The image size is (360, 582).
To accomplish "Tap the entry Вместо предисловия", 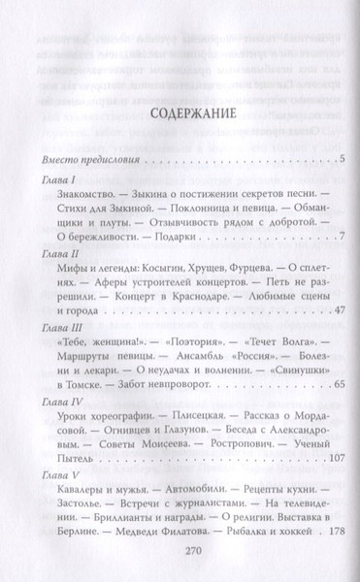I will tap(93, 159).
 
